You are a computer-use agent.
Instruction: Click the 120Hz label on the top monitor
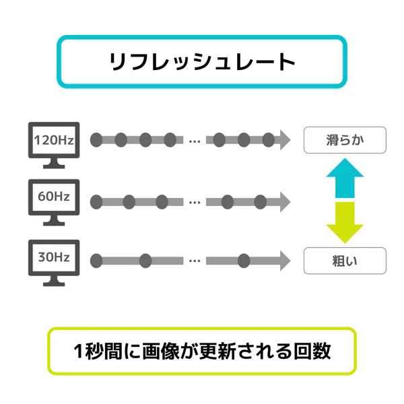[x=54, y=140]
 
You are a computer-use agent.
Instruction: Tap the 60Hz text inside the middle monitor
[x=54, y=197]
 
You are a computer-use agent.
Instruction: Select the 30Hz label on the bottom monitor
[x=54, y=257]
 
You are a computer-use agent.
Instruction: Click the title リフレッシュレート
[x=202, y=61]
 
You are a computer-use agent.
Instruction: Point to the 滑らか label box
[x=345, y=140]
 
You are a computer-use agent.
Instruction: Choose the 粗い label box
[x=345, y=261]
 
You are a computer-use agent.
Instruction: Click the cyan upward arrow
[x=345, y=178]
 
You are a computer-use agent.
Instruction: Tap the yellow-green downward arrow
[x=345, y=223]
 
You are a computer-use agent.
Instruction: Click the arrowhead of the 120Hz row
[x=285, y=140]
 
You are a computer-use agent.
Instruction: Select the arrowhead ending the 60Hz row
[x=285, y=202]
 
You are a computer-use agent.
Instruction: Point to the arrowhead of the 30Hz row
[x=285, y=261]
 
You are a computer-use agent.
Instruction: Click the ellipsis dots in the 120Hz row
[x=195, y=141]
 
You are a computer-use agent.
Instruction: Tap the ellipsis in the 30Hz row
[x=195, y=261]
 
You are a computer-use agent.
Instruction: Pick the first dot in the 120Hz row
[x=96, y=140]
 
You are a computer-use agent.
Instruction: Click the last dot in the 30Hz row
[x=244, y=261]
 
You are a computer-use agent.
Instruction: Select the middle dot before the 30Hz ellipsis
[x=145, y=261]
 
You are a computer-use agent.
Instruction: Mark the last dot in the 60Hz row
[x=260, y=202]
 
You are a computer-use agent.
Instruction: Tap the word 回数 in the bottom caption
[x=312, y=351]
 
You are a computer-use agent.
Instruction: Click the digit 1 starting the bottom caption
[x=78, y=351]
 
